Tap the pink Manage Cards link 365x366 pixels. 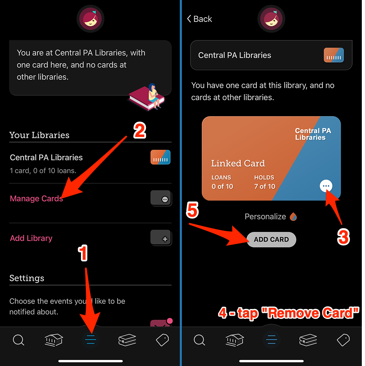[36, 199]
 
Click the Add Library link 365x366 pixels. [31, 238]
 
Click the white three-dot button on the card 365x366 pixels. [326, 186]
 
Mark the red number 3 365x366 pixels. [343, 236]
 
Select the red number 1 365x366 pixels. [83, 253]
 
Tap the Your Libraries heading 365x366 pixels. [39, 135]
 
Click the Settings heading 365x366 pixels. [27, 278]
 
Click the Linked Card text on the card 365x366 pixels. [238, 163]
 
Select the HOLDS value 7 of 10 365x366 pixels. [265, 187]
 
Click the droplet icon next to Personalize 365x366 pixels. [293, 217]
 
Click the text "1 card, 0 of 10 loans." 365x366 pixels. [43, 171]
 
